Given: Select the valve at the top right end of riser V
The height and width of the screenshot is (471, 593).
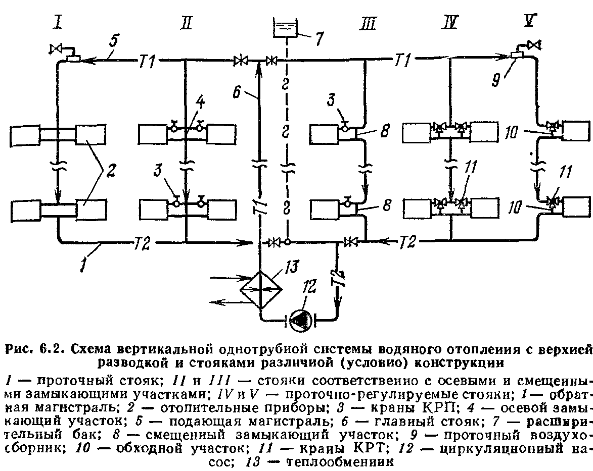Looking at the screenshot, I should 532,45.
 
